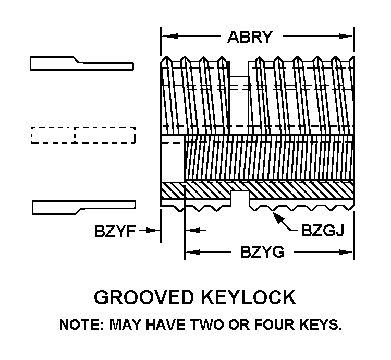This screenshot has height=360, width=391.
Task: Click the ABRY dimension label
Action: tap(250, 37)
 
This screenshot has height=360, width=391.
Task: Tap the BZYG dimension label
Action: tap(262, 253)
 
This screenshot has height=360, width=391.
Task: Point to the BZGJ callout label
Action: tap(323, 230)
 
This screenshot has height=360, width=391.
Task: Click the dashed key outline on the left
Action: tap(83, 135)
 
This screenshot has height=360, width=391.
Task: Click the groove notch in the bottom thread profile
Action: tap(240, 199)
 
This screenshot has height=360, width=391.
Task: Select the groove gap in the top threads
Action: tap(239, 68)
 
